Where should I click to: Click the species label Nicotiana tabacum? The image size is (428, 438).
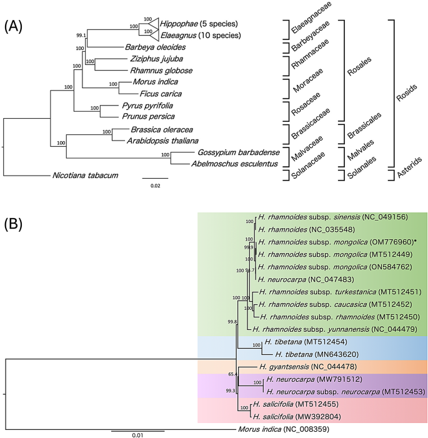[82, 176]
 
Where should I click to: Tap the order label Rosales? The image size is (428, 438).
[364, 61]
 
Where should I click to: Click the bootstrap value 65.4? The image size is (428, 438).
[232, 374]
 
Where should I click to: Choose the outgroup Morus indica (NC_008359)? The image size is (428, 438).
[285, 429]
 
